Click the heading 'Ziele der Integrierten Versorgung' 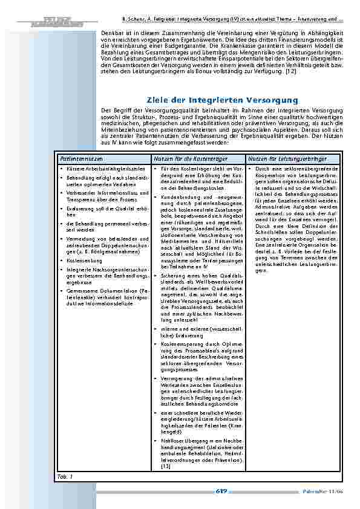coord(223,100)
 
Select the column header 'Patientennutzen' coord(77,158)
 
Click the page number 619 coord(221,491)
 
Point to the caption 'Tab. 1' coord(64,477)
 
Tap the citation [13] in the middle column coord(166,467)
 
